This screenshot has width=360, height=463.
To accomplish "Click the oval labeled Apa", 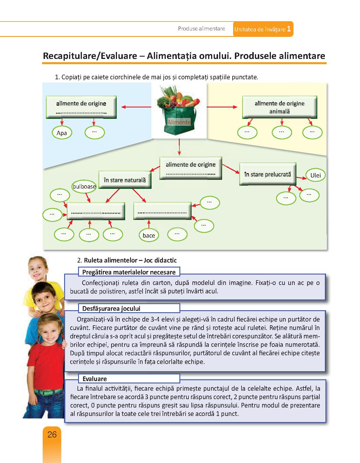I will [62, 133].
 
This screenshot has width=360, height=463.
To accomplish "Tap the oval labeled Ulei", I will [316, 175].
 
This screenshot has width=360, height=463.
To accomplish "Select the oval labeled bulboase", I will [84, 186].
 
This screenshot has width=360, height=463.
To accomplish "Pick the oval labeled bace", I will [149, 235].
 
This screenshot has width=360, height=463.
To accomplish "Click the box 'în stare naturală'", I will [125, 180].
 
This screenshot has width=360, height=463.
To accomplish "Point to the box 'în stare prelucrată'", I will [267, 174].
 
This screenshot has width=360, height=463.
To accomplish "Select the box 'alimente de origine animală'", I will [279, 107].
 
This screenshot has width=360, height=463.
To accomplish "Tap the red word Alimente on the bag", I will [179, 122].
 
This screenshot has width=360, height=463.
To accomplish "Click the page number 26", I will [52, 435].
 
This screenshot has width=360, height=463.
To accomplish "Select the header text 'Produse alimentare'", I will [201, 29].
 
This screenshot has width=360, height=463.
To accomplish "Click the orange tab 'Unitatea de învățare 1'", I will [263, 29].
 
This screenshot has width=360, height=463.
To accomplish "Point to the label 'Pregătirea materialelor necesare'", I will [129, 272].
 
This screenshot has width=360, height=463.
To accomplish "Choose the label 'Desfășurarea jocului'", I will [111, 308].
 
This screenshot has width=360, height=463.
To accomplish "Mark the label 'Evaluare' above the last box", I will [95, 379].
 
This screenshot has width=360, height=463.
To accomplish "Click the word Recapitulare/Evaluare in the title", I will [90, 56].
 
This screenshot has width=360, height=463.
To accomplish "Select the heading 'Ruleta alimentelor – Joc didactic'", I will [130, 260].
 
